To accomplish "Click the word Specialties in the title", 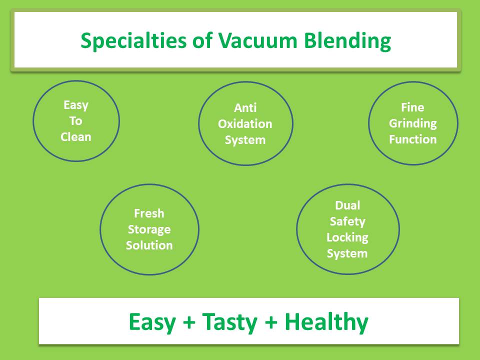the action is [x=133, y=41].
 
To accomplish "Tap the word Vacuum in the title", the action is [x=257, y=40].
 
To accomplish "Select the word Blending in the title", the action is [x=347, y=41].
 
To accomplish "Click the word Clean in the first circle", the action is [x=76, y=137].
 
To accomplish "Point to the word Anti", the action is [x=245, y=108].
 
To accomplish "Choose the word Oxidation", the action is [x=245, y=123].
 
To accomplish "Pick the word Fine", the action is [x=412, y=107].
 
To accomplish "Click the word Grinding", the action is [x=412, y=123].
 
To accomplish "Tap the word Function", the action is [x=412, y=139].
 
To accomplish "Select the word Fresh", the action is [x=149, y=213].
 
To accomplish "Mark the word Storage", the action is [x=149, y=229].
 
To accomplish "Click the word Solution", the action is [x=149, y=245].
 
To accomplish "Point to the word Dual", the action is [x=347, y=205].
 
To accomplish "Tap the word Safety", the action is [x=347, y=221].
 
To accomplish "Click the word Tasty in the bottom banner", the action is [x=229, y=322].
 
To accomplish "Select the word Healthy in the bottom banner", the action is [x=326, y=322].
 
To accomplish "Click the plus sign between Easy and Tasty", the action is [x=189, y=322].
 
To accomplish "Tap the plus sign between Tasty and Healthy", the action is [x=271, y=322].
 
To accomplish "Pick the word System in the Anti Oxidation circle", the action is [x=245, y=140].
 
